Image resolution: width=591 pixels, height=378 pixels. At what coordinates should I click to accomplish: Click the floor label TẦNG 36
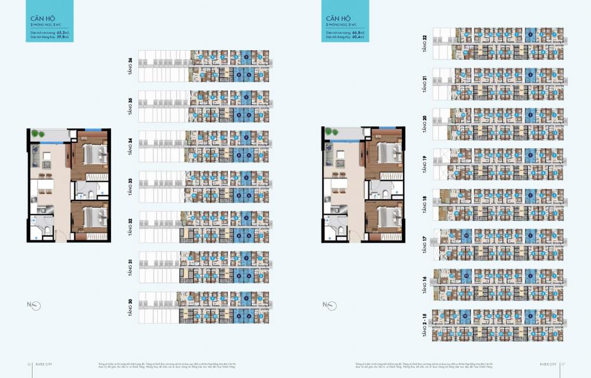tap(130, 66)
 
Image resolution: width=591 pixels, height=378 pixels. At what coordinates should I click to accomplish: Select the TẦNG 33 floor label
tap(130, 186)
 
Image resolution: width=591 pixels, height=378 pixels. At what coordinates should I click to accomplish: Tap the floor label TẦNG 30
tap(130, 307)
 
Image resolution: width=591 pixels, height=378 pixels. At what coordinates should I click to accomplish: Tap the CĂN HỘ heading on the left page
tap(40, 18)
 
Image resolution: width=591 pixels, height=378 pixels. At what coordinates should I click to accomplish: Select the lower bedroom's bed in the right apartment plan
tap(387, 217)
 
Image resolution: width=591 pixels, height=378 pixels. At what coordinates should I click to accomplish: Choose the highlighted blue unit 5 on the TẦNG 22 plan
tap(530, 35)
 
